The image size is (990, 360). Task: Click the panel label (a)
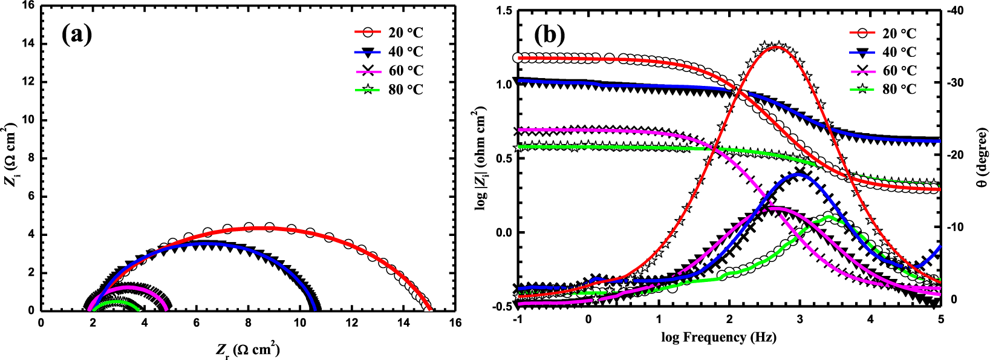(x=77, y=35)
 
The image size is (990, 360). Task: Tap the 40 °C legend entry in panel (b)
(x=899, y=52)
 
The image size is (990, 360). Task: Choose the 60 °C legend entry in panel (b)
(x=899, y=71)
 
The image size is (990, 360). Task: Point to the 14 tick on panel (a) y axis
(x=28, y=44)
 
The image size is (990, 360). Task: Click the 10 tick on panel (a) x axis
(x=300, y=322)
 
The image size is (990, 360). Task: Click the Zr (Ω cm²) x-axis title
(x=247, y=350)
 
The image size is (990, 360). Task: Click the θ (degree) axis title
(x=982, y=157)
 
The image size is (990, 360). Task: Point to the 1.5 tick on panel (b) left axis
(x=503, y=10)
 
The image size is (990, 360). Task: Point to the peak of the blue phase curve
(x=799, y=174)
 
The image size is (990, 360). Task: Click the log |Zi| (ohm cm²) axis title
(x=481, y=159)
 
